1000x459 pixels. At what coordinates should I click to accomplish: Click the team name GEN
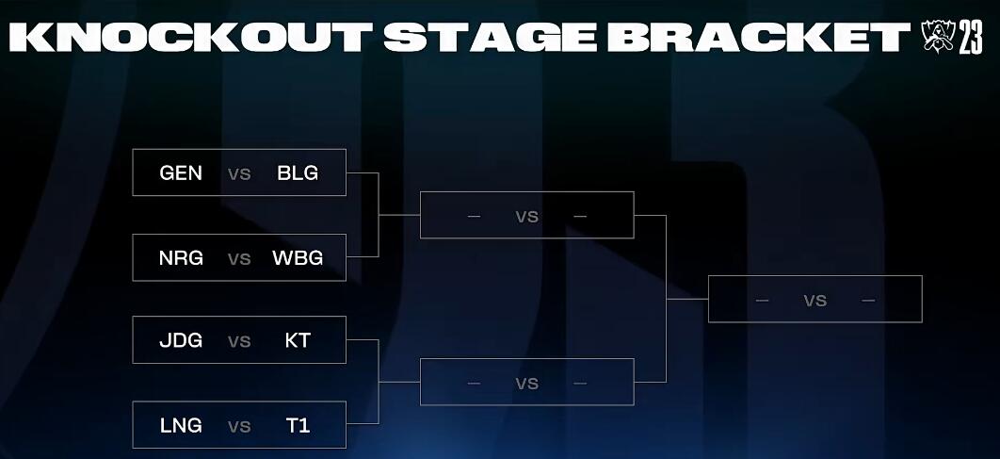(181, 173)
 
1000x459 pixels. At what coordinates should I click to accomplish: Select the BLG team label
(298, 173)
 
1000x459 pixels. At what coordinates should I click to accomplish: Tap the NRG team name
(181, 258)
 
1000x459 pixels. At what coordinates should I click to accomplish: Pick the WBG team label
(298, 258)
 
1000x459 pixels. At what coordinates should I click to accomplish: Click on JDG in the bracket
(181, 340)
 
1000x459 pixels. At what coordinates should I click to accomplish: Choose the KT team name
(298, 340)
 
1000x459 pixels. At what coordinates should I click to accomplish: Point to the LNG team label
(181, 425)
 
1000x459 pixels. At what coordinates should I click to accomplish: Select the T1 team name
(298, 425)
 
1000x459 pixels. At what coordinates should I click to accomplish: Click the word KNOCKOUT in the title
(191, 37)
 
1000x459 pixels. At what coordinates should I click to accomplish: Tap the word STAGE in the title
(490, 37)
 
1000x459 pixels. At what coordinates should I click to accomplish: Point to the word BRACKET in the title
(758, 37)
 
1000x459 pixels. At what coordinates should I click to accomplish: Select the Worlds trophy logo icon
(938, 37)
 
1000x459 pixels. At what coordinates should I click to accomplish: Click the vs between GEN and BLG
(239, 173)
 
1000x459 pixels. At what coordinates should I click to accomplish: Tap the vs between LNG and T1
(239, 426)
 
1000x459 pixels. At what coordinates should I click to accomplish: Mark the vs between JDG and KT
(239, 341)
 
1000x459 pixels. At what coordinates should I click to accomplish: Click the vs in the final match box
(815, 300)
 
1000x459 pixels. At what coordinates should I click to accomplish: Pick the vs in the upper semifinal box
(526, 217)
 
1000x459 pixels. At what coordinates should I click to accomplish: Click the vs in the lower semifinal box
(526, 383)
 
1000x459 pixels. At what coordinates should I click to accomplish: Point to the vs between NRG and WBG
(239, 258)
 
